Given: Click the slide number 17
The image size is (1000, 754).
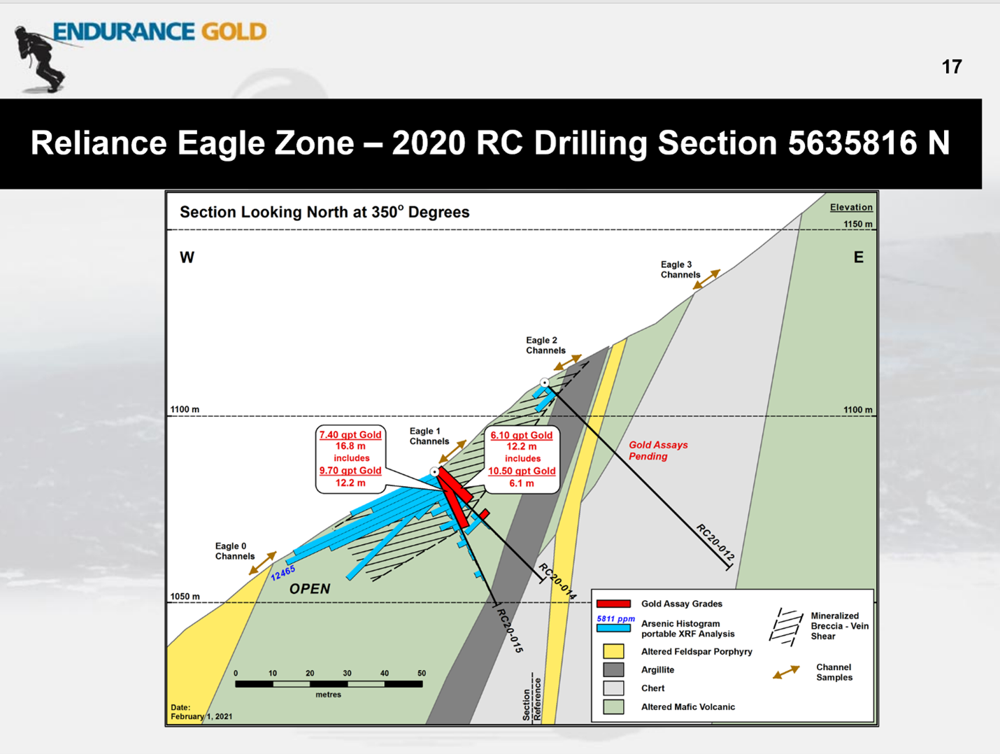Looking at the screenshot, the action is pos(952,67).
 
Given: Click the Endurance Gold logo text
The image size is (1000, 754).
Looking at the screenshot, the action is pos(160,32).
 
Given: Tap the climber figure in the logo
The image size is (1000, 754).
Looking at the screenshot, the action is pos(38,59).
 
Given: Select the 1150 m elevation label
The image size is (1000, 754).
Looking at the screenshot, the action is pos(858,224).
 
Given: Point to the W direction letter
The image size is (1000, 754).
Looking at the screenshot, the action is pos(187,257).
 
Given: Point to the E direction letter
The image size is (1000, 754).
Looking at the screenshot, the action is pos(858,257).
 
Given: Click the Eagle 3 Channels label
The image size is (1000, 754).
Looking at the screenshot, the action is pos(680,270).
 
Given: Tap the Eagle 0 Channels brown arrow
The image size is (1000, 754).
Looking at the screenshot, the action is pos(263,563).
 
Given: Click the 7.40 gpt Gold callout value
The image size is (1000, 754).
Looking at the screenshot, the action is pos(350,434).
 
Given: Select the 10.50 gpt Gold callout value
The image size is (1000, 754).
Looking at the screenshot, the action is pos(522,471).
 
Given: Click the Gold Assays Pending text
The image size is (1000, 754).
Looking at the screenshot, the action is pos(658,450).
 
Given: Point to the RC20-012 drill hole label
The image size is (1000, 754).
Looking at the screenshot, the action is pos(715,542).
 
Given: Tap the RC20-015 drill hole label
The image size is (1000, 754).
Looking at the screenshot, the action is pos(510,630).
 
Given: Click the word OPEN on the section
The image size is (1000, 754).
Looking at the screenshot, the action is pos(310,589).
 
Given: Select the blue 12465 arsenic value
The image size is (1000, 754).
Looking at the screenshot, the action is pos(283,573).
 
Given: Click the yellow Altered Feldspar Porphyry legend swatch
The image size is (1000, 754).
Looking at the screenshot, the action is pos(613,651).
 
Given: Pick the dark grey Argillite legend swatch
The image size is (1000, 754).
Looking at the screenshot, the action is pos(613,669).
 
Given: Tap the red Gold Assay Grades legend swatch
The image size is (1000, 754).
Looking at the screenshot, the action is pos(614,604).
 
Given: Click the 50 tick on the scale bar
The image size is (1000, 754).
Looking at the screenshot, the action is pos(422,674).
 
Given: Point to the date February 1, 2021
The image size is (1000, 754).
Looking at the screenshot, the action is pos(201,712).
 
